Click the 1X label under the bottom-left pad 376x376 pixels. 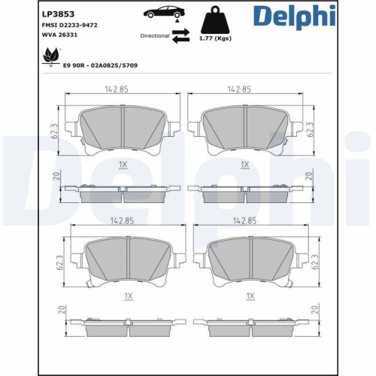128,296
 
